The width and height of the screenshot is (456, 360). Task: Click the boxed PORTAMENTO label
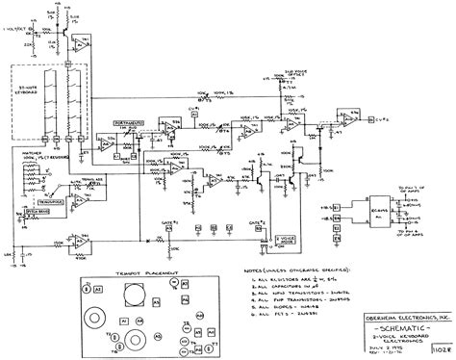click(x=148, y=121)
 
